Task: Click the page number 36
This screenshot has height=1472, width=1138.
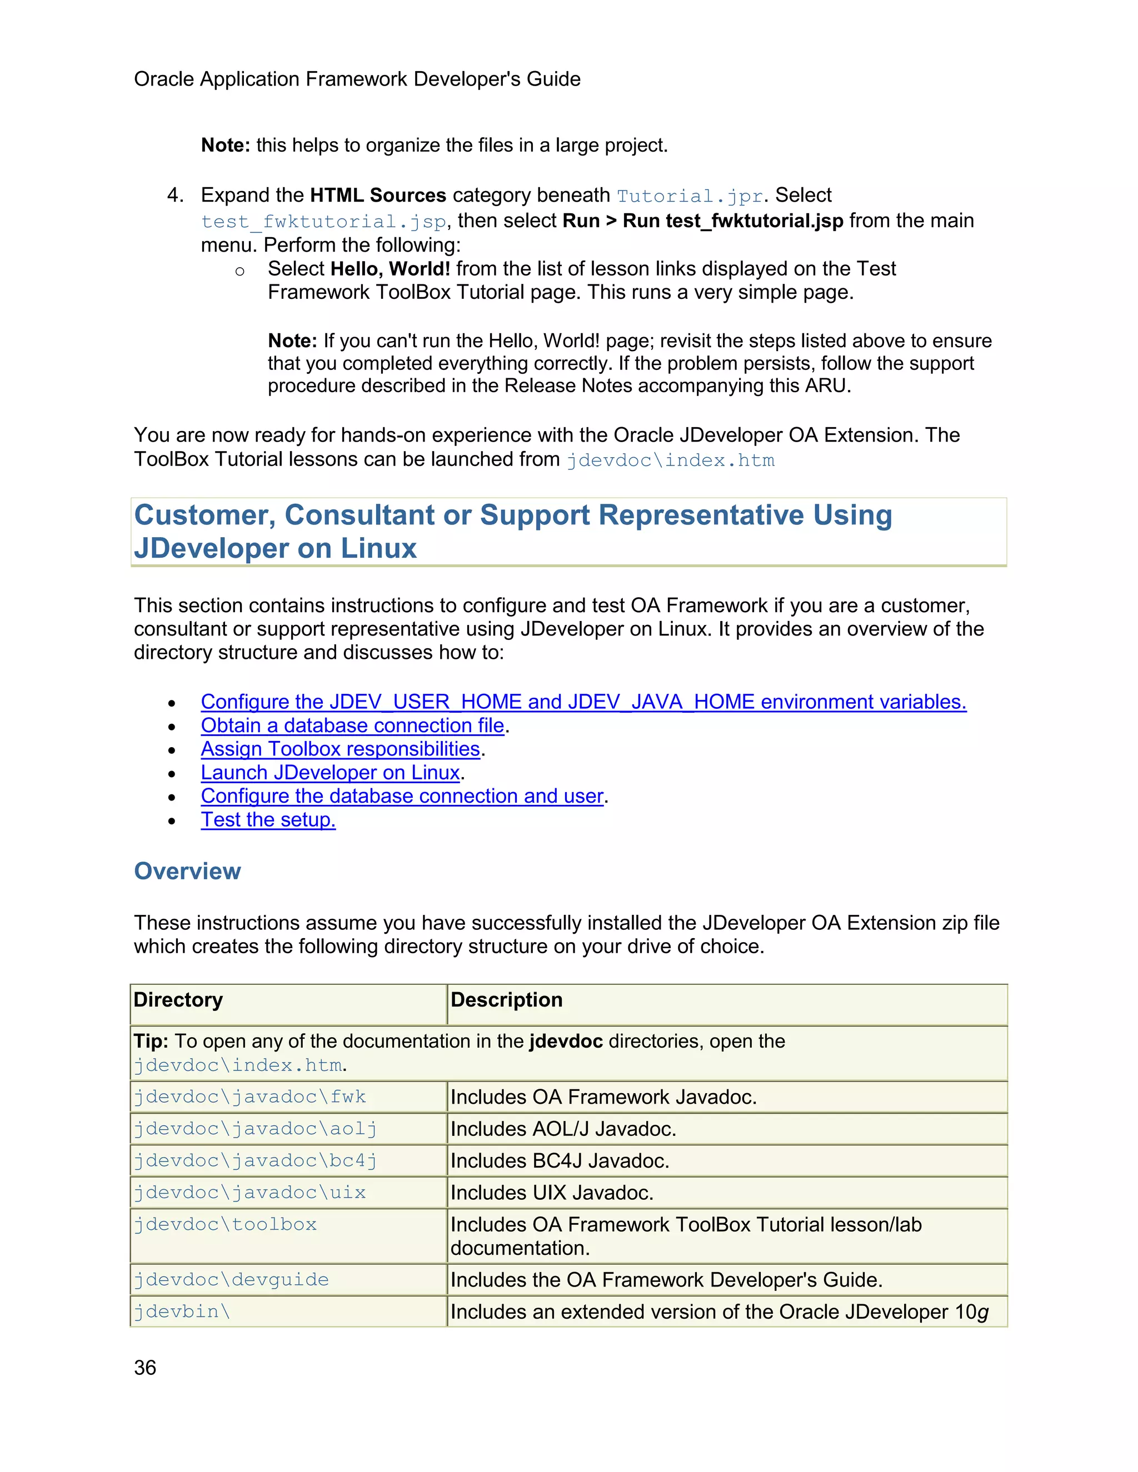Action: coord(145,1368)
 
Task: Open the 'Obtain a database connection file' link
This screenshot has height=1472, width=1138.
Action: coord(352,725)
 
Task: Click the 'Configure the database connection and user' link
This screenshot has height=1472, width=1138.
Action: coord(402,796)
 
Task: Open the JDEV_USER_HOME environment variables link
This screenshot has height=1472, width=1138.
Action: coord(583,702)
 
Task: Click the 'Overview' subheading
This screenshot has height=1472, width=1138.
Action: coord(187,871)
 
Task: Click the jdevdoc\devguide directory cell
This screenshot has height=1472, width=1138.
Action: coord(231,1279)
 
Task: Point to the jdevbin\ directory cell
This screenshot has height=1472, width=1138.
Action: coord(182,1311)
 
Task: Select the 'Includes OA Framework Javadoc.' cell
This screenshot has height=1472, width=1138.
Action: coord(603,1097)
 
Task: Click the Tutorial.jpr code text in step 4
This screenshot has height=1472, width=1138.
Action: coord(689,196)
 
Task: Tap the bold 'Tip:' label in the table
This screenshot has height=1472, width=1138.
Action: coord(151,1042)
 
